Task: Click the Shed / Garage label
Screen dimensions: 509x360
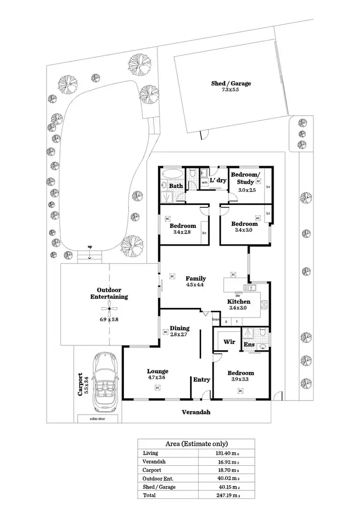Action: click(231, 83)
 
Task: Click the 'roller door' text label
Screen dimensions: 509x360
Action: click(97, 418)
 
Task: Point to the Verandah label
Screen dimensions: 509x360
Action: click(196, 412)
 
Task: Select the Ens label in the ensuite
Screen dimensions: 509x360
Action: click(249, 344)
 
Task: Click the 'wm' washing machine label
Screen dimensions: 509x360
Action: click(204, 182)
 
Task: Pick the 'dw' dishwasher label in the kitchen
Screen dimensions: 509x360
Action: click(237, 295)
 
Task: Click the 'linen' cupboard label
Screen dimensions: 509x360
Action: click(216, 320)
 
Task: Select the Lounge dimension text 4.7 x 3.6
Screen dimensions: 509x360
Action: click(157, 378)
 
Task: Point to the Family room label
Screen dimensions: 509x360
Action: click(196, 278)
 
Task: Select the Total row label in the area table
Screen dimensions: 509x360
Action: click(149, 495)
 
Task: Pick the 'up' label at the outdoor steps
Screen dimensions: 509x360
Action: click(90, 247)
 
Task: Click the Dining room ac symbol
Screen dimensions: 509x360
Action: click(165, 331)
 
